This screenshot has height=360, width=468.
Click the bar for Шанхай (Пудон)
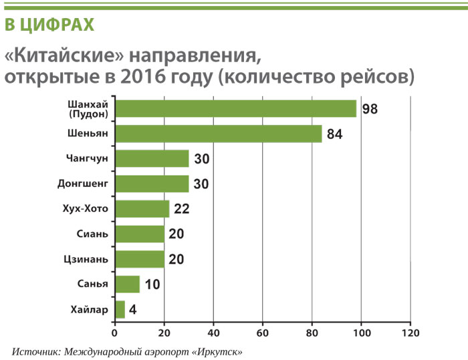(235, 108)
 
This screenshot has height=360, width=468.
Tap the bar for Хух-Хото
(142, 209)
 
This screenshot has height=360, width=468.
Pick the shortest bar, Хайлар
(120, 309)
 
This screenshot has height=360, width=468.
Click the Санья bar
(127, 285)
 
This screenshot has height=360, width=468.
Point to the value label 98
(370, 109)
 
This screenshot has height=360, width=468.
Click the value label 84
(334, 134)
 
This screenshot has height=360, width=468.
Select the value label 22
(181, 209)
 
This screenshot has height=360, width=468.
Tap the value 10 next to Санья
(152, 285)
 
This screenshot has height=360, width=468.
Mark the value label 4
(134, 310)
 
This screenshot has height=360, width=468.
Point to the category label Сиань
(93, 234)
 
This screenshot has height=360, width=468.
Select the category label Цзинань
(88, 258)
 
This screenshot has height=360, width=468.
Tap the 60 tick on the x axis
(263, 331)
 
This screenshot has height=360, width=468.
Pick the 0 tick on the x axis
(114, 331)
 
